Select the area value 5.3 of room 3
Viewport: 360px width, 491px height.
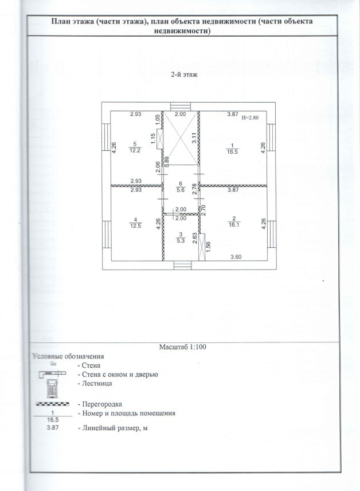click(181, 240)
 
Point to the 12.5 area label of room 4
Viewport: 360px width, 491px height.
click(135, 225)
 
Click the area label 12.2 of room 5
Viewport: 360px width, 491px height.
click(135, 151)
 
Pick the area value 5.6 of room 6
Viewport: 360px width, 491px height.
click(181, 191)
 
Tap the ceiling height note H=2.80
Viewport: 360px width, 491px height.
click(251, 117)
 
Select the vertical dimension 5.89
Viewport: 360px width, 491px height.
click(166, 161)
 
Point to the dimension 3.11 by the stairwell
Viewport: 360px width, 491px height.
click(194, 138)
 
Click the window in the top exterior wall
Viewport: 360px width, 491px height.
click(181, 106)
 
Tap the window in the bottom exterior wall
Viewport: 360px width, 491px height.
click(181, 265)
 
